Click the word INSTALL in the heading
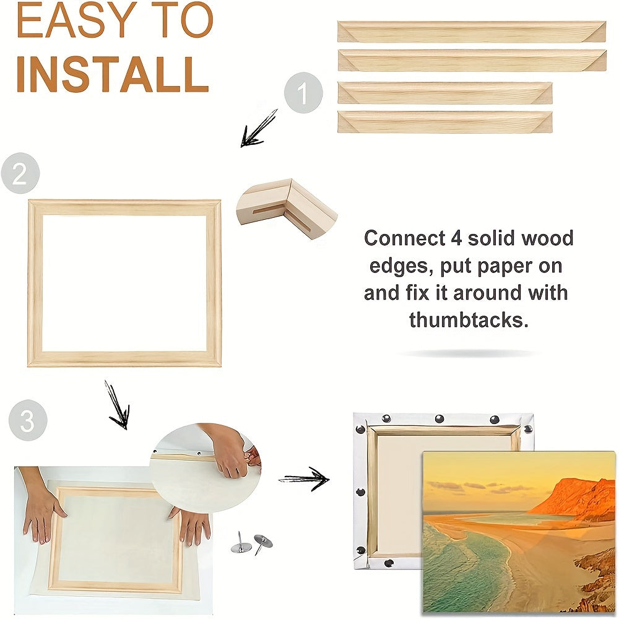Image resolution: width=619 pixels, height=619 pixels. tap(111, 74)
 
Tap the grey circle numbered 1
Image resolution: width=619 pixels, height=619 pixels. tap(303, 94)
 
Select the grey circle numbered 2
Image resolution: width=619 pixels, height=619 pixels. tap(20, 173)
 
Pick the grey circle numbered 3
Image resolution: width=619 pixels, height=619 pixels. tap(27, 421)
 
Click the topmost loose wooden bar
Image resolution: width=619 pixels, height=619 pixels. tap(472, 32)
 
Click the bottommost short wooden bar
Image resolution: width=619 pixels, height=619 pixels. tap(444, 121)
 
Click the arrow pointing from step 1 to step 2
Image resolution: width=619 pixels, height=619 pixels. tap(258, 129)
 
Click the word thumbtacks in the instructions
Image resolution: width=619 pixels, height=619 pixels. tap(469, 320)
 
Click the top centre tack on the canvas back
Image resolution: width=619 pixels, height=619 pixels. tap(439, 418)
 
